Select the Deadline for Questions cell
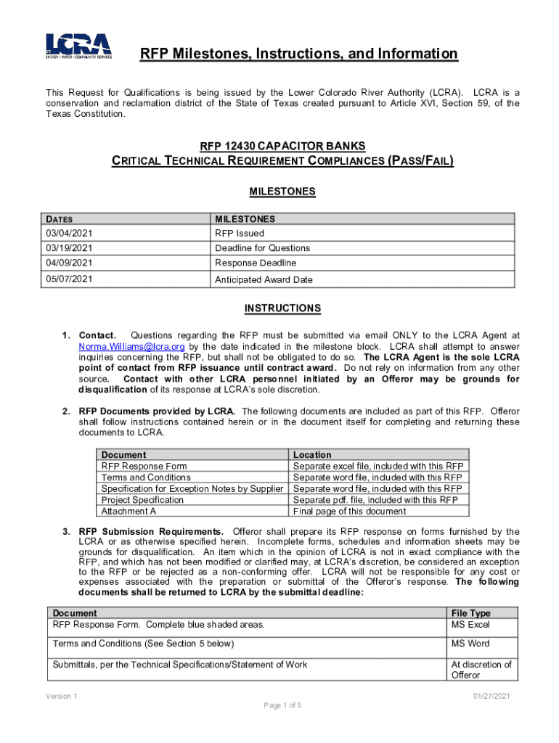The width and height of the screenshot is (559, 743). pyautogui.click(x=262, y=248)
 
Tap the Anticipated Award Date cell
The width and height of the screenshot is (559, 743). pyautogui.click(x=264, y=279)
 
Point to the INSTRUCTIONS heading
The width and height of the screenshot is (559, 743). pyautogui.click(x=282, y=308)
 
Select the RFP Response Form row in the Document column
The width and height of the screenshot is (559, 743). pyautogui.click(x=144, y=466)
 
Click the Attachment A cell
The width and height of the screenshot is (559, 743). pyautogui.click(x=128, y=511)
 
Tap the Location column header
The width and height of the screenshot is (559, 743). pyautogui.click(x=312, y=455)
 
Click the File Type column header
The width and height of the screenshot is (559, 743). pyautogui.click(x=470, y=613)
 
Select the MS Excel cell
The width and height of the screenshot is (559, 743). pyautogui.click(x=470, y=624)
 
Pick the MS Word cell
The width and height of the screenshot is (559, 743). pyautogui.click(x=470, y=644)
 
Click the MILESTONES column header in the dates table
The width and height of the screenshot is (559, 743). pyautogui.click(x=245, y=219)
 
